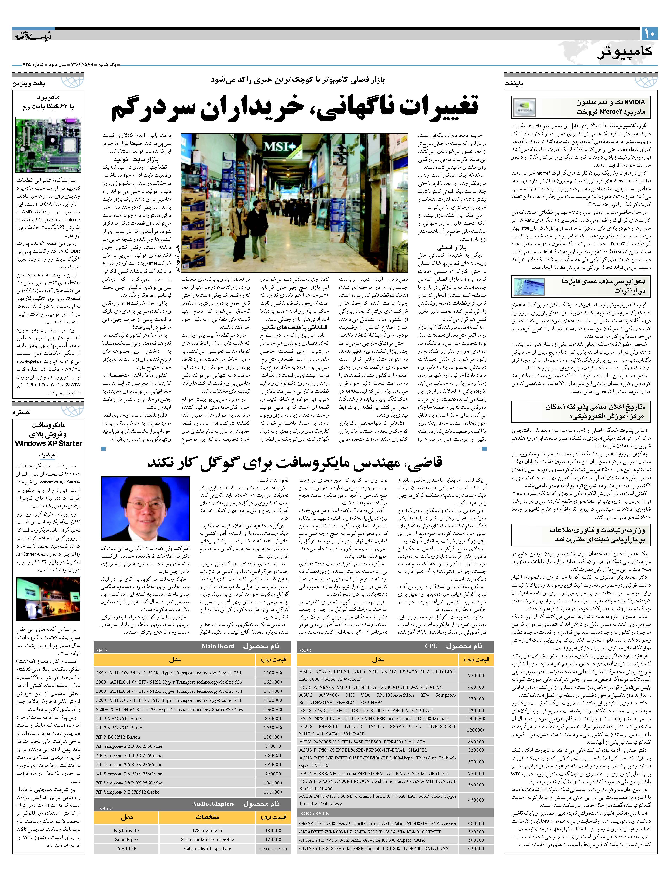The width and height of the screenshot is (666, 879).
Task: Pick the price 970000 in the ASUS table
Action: tap(476, 664)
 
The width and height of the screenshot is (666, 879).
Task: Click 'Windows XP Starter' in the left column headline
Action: tap(48, 443)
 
